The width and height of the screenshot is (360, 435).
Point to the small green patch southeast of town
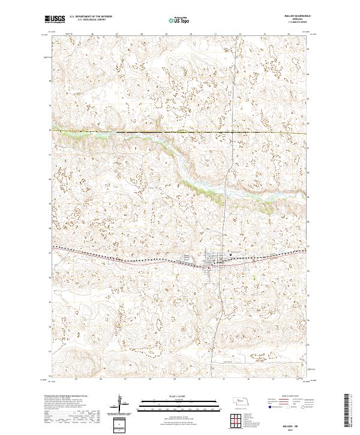pyautogui.click(x=254, y=277)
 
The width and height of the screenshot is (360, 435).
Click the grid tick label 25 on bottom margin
pyautogui.click(x=76, y=380)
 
